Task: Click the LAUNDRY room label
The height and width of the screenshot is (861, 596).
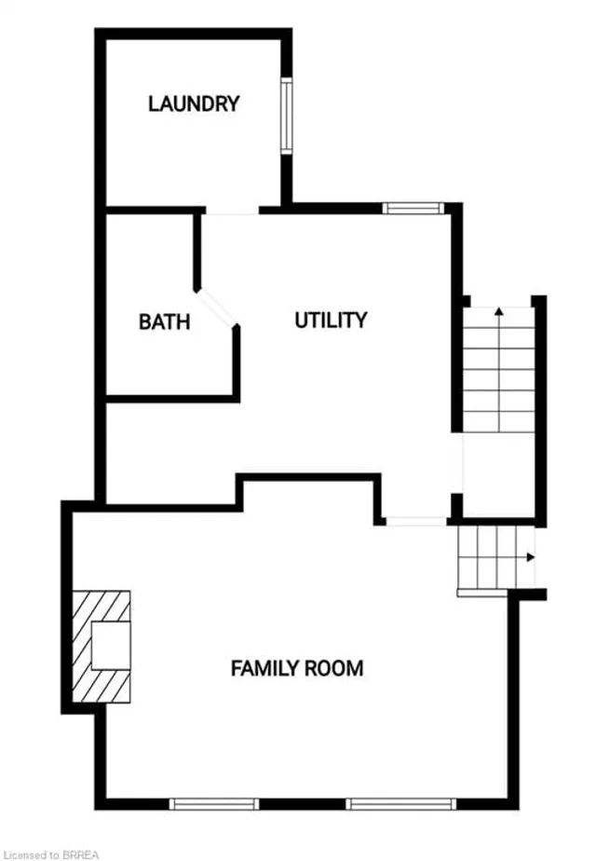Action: pyautogui.click(x=194, y=103)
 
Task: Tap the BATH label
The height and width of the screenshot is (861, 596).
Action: pyautogui.click(x=164, y=321)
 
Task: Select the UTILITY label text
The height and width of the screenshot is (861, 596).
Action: pyautogui.click(x=331, y=320)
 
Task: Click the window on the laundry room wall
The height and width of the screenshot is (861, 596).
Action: pyautogui.click(x=287, y=116)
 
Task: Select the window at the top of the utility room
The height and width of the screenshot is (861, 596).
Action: pyautogui.click(x=413, y=208)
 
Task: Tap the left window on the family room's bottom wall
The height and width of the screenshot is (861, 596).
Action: pyautogui.click(x=213, y=804)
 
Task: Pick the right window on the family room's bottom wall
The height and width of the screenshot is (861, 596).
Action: pyautogui.click(x=401, y=804)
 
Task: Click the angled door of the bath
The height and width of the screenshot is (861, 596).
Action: pyautogui.click(x=216, y=308)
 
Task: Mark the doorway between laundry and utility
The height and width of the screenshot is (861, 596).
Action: pyautogui.click(x=232, y=211)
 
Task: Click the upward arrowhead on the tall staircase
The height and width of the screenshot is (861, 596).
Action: pyautogui.click(x=499, y=311)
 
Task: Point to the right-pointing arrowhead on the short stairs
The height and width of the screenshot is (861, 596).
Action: pyautogui.click(x=531, y=557)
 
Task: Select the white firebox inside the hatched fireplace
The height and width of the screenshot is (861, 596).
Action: pyautogui.click(x=111, y=646)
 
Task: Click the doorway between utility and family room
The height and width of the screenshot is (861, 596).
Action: pyautogui.click(x=417, y=522)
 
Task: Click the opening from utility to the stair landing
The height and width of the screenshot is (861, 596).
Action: pyautogui.click(x=457, y=463)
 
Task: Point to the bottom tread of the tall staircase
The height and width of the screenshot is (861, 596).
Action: pyautogui.click(x=499, y=421)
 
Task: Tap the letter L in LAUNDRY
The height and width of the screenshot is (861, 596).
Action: pyautogui.click(x=153, y=103)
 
